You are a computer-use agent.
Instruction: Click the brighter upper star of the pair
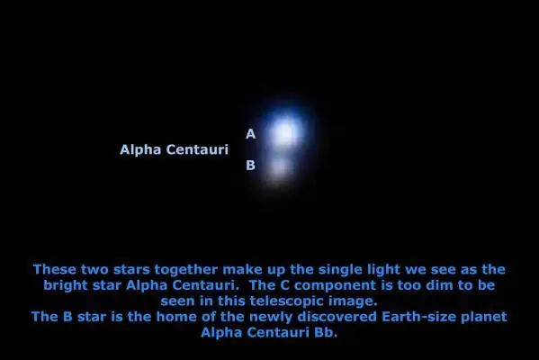pos(284,133)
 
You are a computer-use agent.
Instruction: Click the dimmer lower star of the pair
pos(279,168)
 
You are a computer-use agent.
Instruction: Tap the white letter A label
pos(250,134)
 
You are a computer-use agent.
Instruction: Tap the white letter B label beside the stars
pos(250,166)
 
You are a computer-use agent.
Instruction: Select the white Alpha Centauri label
pos(174,149)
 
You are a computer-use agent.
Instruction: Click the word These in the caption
pos(55,269)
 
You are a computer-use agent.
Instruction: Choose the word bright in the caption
pos(66,285)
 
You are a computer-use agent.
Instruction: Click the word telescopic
pos(287,301)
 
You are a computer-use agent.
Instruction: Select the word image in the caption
pos(353,301)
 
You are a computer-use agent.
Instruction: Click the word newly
pos(270,318)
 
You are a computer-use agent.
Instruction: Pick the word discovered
pos(337,317)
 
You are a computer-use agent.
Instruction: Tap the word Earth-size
pos(418,317)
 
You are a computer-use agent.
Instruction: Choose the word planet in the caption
pos(483,318)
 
